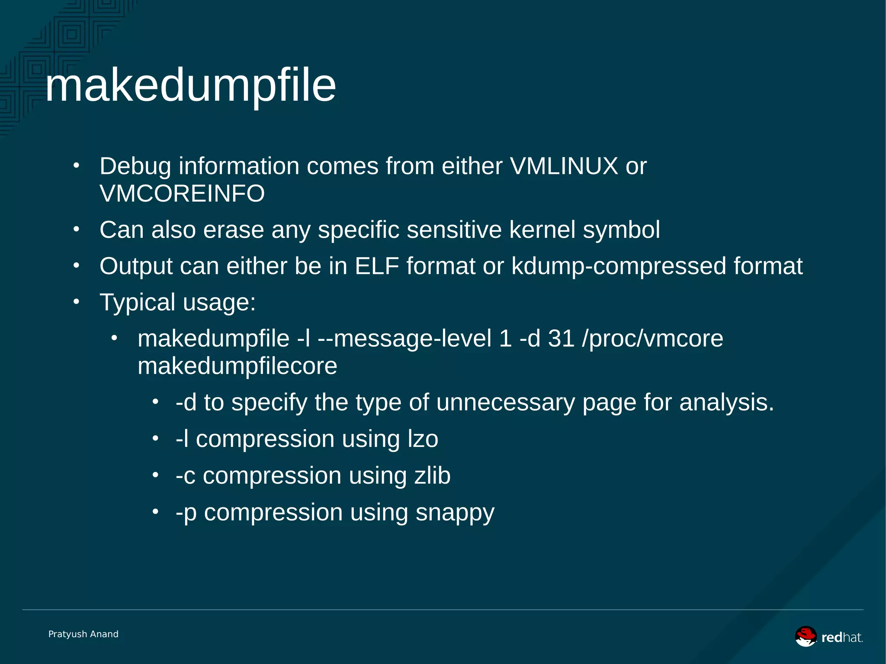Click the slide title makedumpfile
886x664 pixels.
pyautogui.click(x=190, y=86)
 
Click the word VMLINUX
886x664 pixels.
pyautogui.click(x=564, y=166)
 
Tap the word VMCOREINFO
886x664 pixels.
pyautogui.click(x=182, y=193)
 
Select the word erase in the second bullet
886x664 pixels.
pyautogui.click(x=233, y=230)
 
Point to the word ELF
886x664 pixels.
pyautogui.click(x=376, y=266)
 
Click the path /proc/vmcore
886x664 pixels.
pyautogui.click(x=652, y=338)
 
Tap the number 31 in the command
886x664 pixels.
pyautogui.click(x=561, y=338)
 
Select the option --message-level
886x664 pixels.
pyautogui.click(x=404, y=338)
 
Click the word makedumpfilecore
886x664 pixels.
pyautogui.click(x=237, y=366)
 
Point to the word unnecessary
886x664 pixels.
pyautogui.click(x=505, y=402)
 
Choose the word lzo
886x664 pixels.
pyautogui.click(x=423, y=439)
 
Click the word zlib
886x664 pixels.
pyautogui.click(x=432, y=475)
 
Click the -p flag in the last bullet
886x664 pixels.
pyautogui.click(x=186, y=513)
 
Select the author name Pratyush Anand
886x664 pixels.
pyautogui.click(x=83, y=634)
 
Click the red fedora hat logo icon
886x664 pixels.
pyautogui.click(x=806, y=636)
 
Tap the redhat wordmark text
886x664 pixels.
pyautogui.click(x=842, y=638)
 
